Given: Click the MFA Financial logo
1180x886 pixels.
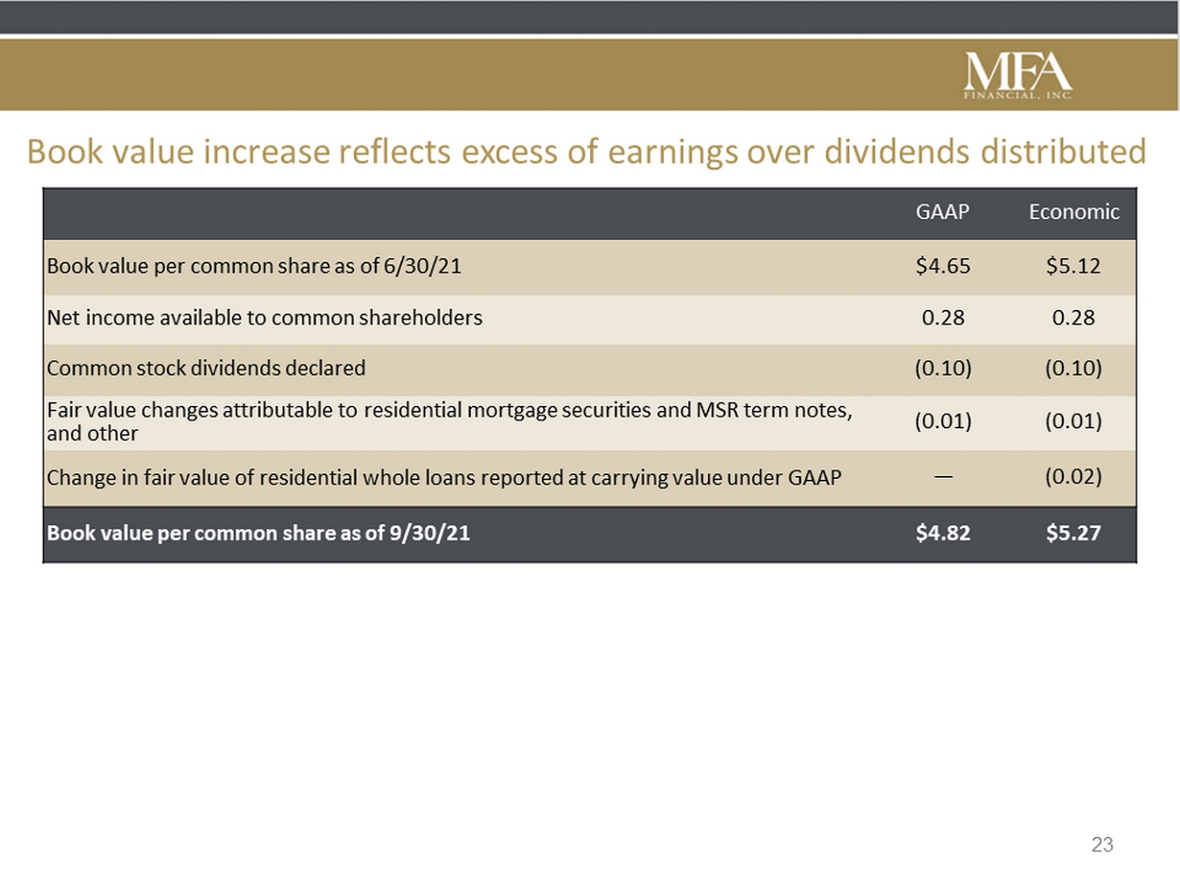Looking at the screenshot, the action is click(1018, 76).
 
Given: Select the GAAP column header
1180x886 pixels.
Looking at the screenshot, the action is click(942, 212).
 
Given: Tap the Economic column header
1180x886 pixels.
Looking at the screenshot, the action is click(1074, 212).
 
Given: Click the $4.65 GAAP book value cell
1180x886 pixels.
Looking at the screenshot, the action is click(943, 265).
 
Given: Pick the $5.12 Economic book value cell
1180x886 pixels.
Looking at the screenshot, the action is click(1073, 265).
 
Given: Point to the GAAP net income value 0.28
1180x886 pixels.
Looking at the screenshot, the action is click(943, 317).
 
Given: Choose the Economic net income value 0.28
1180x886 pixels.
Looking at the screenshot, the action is click(1073, 317).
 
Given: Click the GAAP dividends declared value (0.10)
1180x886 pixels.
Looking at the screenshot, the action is click(943, 368).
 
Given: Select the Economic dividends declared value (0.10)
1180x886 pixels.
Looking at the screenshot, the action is click(1073, 368).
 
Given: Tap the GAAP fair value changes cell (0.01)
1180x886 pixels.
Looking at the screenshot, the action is click(943, 420).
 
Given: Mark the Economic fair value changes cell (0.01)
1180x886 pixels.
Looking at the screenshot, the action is click(1073, 420).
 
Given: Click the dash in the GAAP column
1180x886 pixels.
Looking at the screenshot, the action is click(943, 476).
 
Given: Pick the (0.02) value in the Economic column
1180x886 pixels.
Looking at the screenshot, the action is click(1073, 477).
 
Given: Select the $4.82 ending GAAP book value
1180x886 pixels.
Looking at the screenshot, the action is click(943, 533).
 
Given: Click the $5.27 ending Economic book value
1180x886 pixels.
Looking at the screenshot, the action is click(1073, 533).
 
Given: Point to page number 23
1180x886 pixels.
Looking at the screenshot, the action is click(1102, 844).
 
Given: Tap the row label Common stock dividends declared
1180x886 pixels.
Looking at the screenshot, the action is click(206, 368).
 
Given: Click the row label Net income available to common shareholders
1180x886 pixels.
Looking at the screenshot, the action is click(264, 318).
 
